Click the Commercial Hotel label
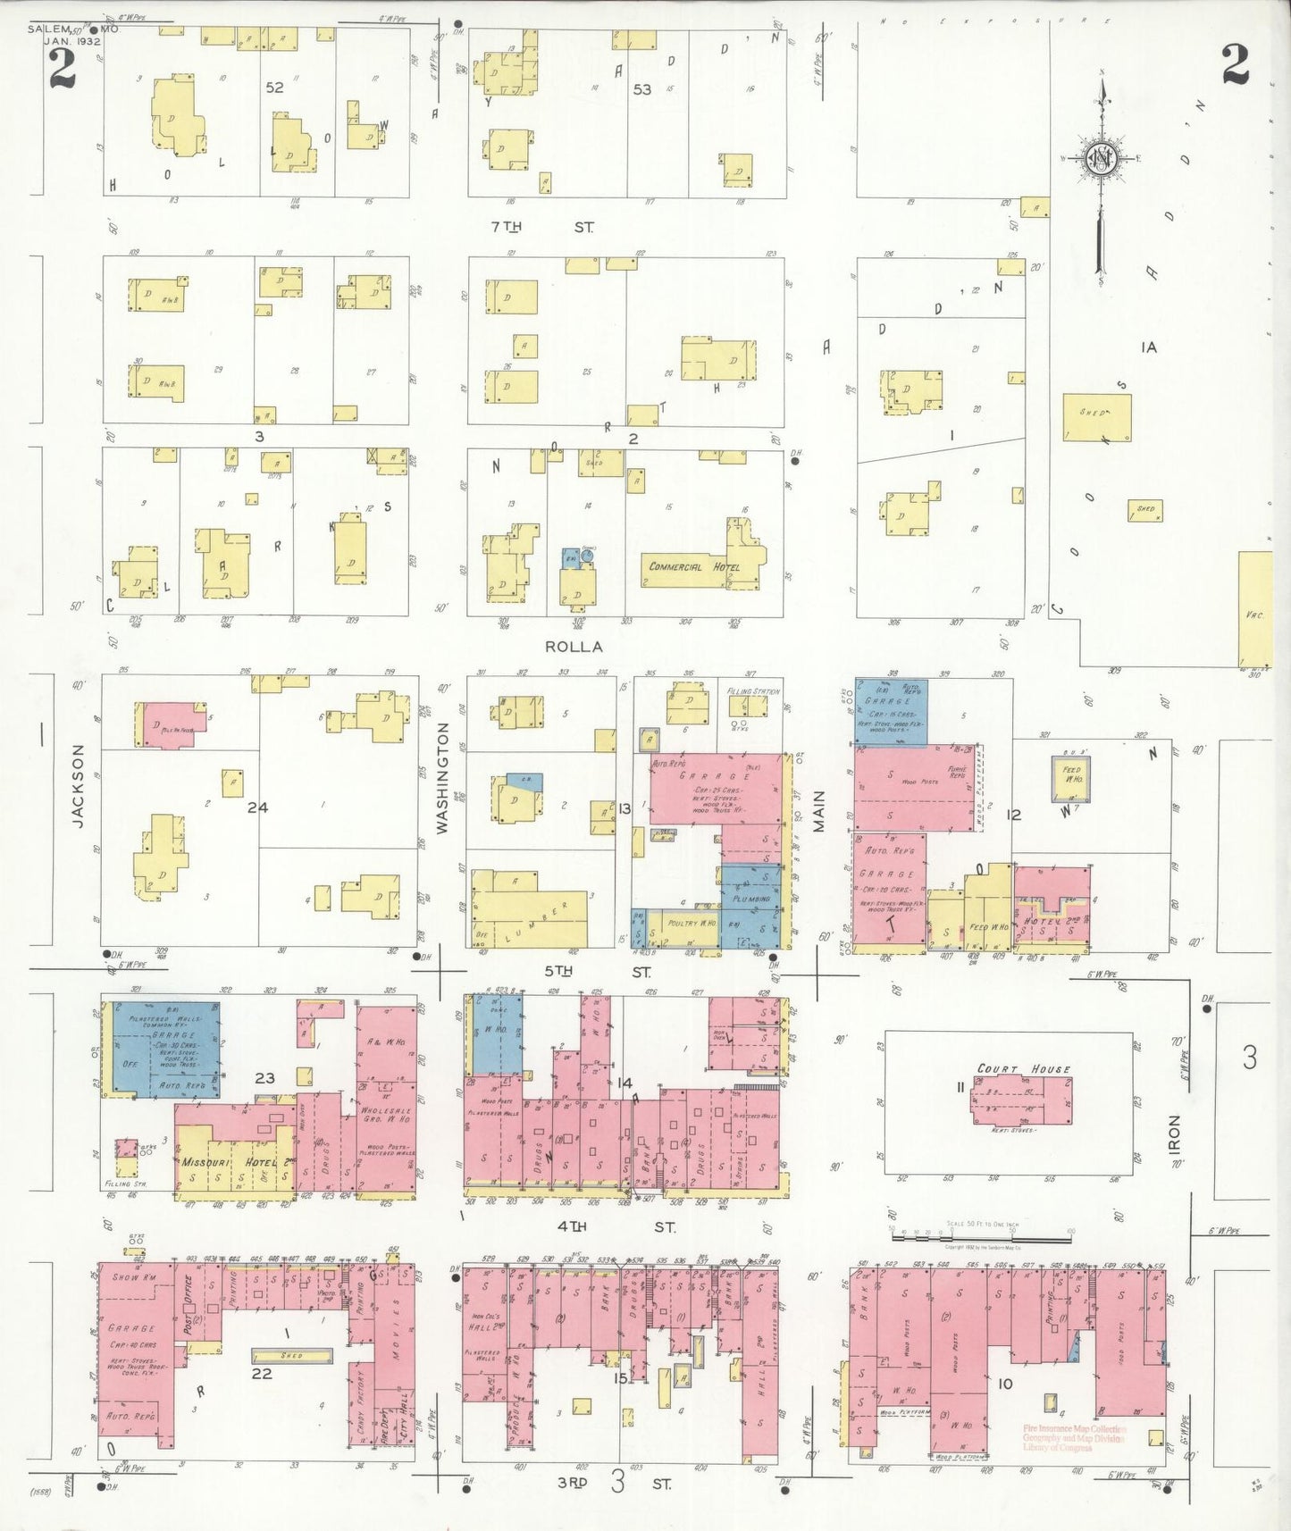(x=688, y=567)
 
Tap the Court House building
(x=1022, y=1100)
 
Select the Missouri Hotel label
(x=231, y=1163)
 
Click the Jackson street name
(x=78, y=786)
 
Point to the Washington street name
(x=442, y=779)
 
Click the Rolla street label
(x=574, y=646)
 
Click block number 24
(x=257, y=807)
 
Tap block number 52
(x=274, y=88)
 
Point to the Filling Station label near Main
(x=753, y=691)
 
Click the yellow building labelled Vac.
(x=1255, y=609)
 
